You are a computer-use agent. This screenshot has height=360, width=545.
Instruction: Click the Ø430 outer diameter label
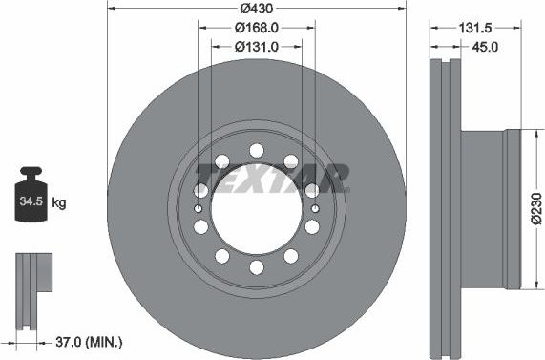pos(256,8)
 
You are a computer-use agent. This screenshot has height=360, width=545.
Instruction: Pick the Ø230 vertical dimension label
pos(535,208)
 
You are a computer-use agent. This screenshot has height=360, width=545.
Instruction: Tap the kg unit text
pos(58,203)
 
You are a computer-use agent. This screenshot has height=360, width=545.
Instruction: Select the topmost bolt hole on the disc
pos(256,148)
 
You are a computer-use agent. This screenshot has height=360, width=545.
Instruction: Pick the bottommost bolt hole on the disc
pos(256,270)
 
